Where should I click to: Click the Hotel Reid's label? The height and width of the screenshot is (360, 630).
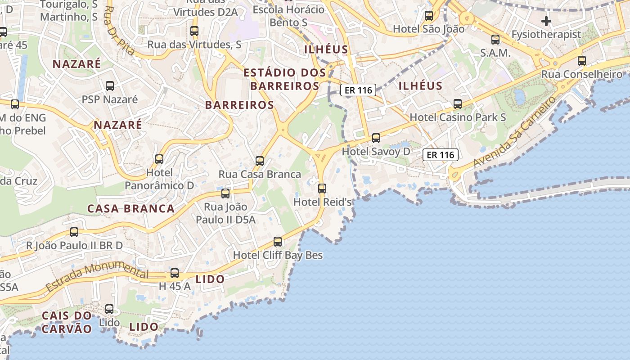point(322,202)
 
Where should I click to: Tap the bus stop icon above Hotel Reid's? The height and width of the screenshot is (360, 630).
point(322,188)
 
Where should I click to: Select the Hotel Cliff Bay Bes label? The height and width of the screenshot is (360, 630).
point(278,255)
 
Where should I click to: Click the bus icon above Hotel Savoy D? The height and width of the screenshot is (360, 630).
point(376,138)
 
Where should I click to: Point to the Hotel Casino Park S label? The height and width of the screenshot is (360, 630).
point(458,117)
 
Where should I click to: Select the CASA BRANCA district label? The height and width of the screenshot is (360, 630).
point(131,209)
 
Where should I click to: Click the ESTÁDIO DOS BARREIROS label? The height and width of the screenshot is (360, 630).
point(285,79)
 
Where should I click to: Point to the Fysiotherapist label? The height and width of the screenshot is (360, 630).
point(546,35)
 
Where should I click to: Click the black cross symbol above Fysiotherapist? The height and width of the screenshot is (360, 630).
point(546,21)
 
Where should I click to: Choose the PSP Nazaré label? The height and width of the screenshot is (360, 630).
point(110,99)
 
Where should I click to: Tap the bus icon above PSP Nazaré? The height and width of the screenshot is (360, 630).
point(109,85)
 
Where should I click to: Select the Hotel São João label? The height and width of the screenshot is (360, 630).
point(428,29)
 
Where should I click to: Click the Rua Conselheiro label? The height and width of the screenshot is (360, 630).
point(582,74)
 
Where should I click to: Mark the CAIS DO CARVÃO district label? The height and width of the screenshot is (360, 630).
point(67,322)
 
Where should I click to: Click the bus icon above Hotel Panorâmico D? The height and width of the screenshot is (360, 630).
point(159,159)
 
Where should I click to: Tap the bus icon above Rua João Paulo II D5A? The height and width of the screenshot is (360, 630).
point(225,193)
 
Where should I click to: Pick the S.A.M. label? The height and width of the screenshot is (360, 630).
point(495,53)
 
